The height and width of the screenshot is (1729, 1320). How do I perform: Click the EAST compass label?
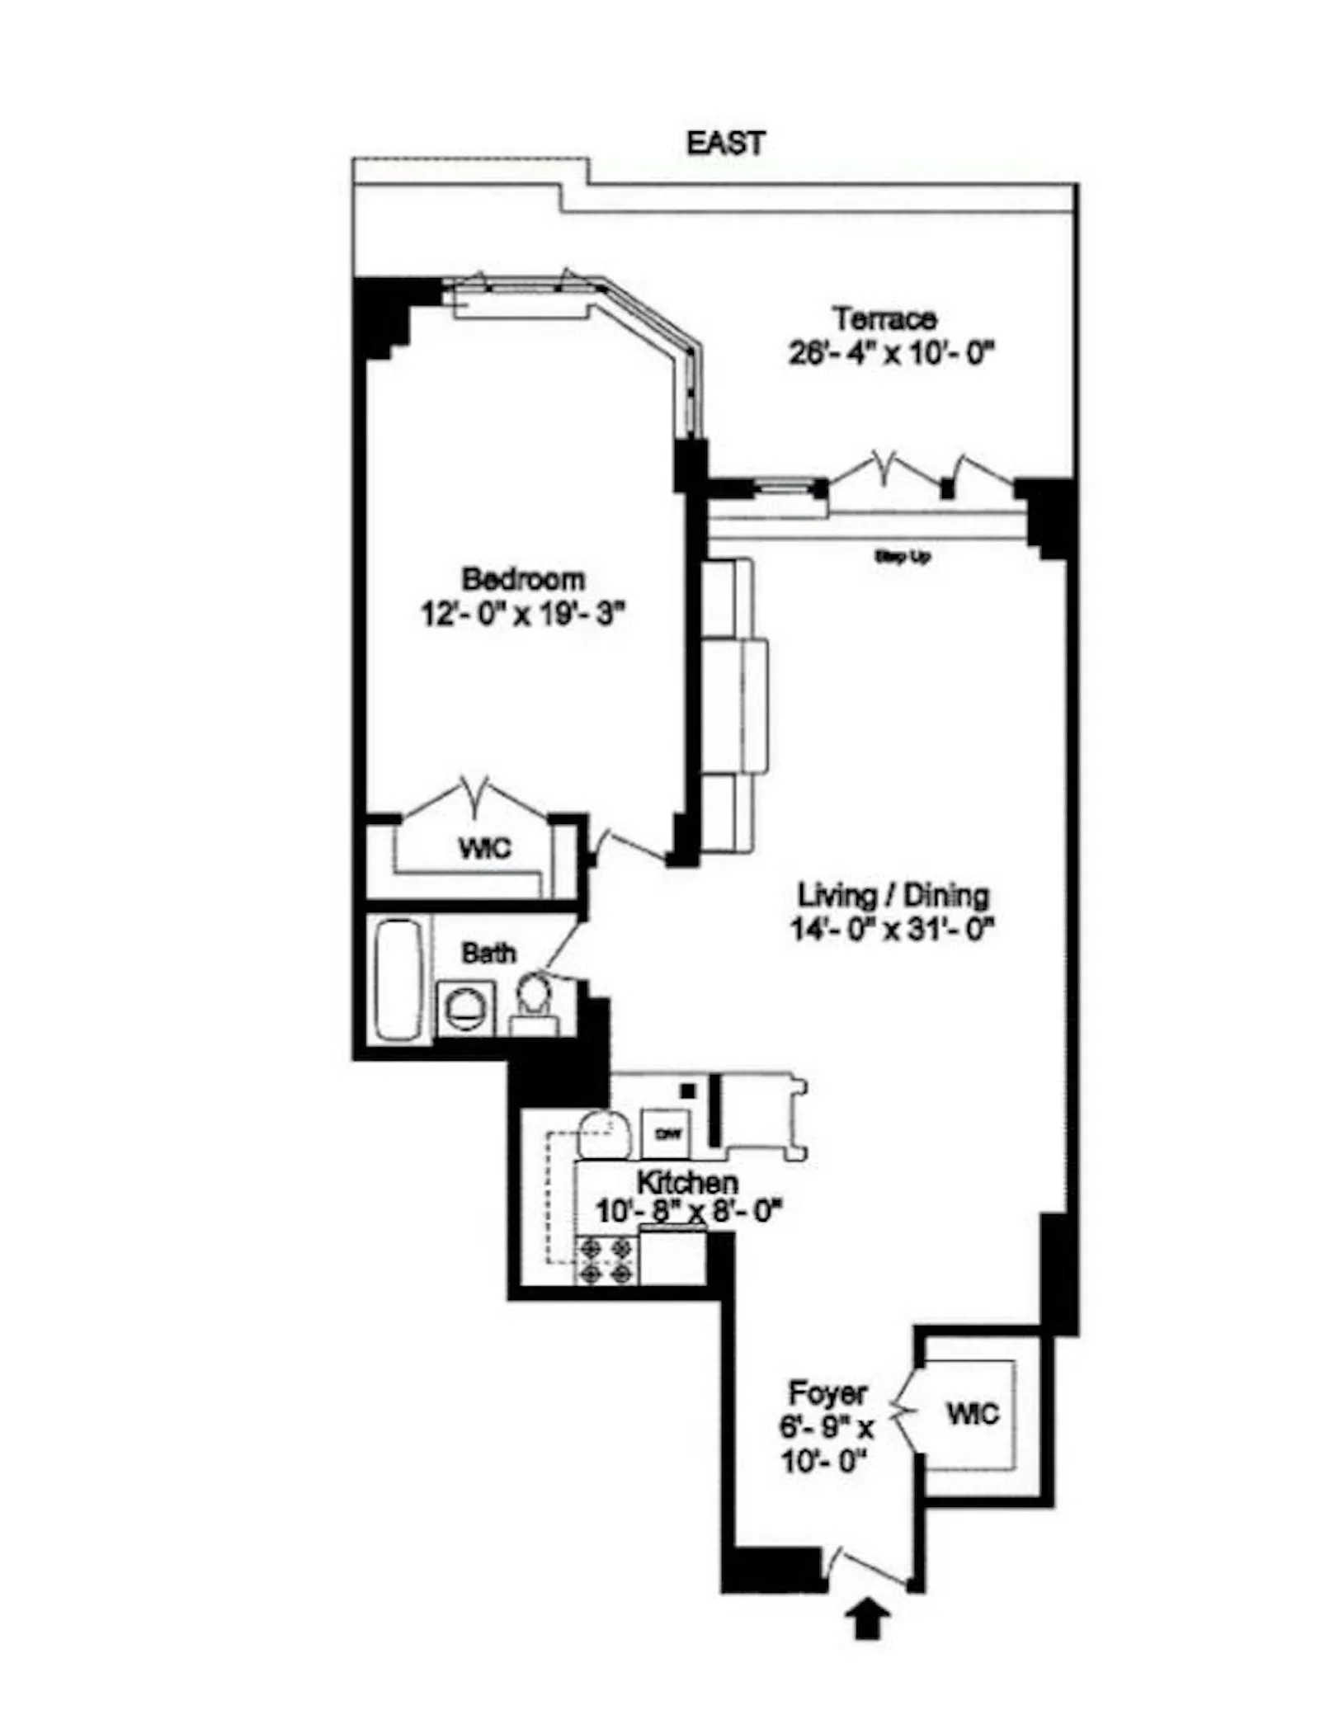click(x=725, y=143)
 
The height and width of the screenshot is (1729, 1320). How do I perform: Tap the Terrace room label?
click(x=884, y=318)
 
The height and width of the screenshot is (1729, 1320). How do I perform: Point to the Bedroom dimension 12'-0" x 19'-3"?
click(x=523, y=614)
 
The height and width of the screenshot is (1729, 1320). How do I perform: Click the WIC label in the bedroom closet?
click(x=484, y=847)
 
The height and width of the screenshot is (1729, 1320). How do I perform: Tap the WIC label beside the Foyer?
click(x=973, y=1414)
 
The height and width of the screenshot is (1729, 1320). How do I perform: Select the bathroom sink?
click(x=464, y=1007)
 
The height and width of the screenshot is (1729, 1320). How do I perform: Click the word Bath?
click(x=488, y=953)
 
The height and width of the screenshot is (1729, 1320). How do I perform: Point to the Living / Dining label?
click(x=893, y=895)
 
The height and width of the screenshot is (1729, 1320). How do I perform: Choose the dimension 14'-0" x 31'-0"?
click(x=893, y=930)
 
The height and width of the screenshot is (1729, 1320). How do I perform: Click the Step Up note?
click(x=903, y=557)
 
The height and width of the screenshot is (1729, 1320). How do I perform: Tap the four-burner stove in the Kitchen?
click(x=606, y=1261)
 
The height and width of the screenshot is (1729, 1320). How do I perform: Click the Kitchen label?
click(x=687, y=1183)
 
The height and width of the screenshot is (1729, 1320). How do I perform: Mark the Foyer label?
click(x=827, y=1393)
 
